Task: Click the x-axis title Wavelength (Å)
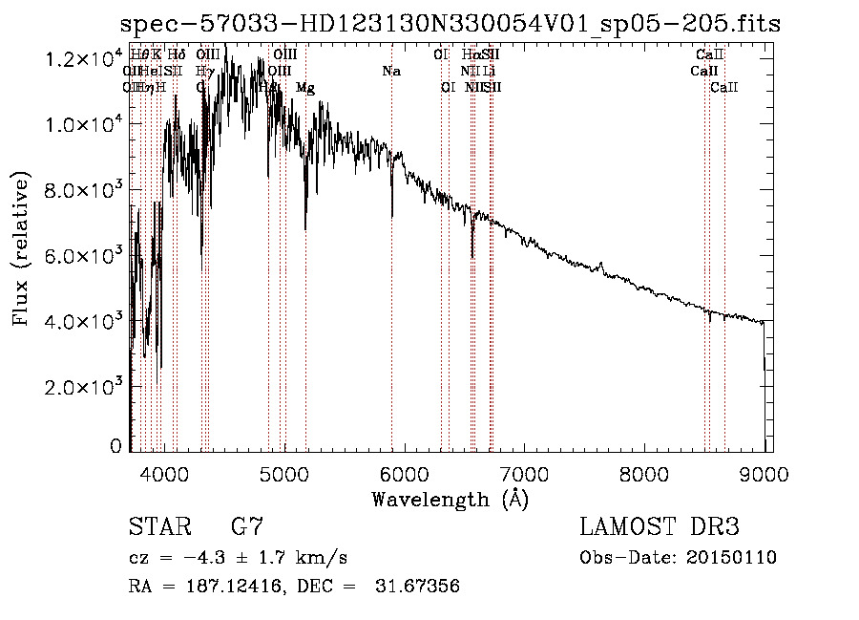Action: pyautogui.click(x=450, y=498)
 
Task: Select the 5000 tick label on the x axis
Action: pyautogui.click(x=283, y=473)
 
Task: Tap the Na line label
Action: pyautogui.click(x=390, y=72)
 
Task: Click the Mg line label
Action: pyautogui.click(x=305, y=88)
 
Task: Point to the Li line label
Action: pyautogui.click(x=489, y=72)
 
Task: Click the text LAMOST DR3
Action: pyautogui.click(x=659, y=527)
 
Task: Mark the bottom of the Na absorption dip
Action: pyautogui.click(x=391, y=216)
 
